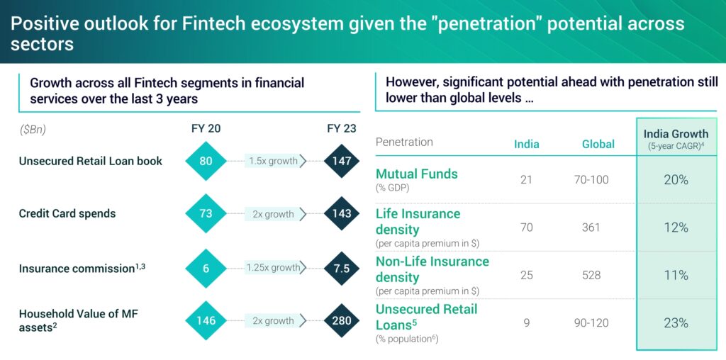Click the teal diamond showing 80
pyautogui.click(x=206, y=161)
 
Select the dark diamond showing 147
pyautogui.click(x=342, y=161)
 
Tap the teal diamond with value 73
pyautogui.click(x=206, y=214)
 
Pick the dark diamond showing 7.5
pyautogui.click(x=342, y=269)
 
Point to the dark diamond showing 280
pyautogui.click(x=342, y=320)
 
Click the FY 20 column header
pyautogui.click(x=206, y=129)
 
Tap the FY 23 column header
pyautogui.click(x=342, y=129)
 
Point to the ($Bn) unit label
pyautogui.click(x=33, y=130)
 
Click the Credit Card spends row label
pyautogui.click(x=67, y=214)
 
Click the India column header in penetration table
pyautogui.click(x=527, y=145)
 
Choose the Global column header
pyautogui.click(x=598, y=145)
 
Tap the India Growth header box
pyautogui.click(x=676, y=137)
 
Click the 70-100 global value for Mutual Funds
pyautogui.click(x=591, y=180)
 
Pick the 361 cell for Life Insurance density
pyautogui.click(x=591, y=227)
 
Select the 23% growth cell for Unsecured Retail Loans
pyautogui.click(x=676, y=323)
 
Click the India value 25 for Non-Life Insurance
pyautogui.click(x=527, y=276)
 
